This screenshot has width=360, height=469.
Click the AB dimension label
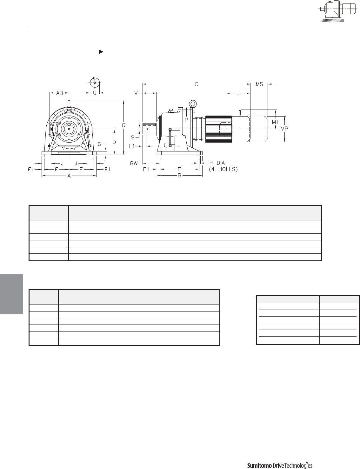(x=60, y=93)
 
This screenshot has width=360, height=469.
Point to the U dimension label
(x=95, y=93)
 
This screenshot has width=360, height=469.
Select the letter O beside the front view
(x=123, y=125)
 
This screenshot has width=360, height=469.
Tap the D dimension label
(x=114, y=142)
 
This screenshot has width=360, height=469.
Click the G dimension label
(x=99, y=144)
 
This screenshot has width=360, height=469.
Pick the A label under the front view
(x=69, y=176)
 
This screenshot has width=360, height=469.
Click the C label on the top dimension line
(x=196, y=84)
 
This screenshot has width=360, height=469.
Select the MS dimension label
(x=259, y=84)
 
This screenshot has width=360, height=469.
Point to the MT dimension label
(x=275, y=122)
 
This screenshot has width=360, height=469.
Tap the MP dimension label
(x=284, y=129)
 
